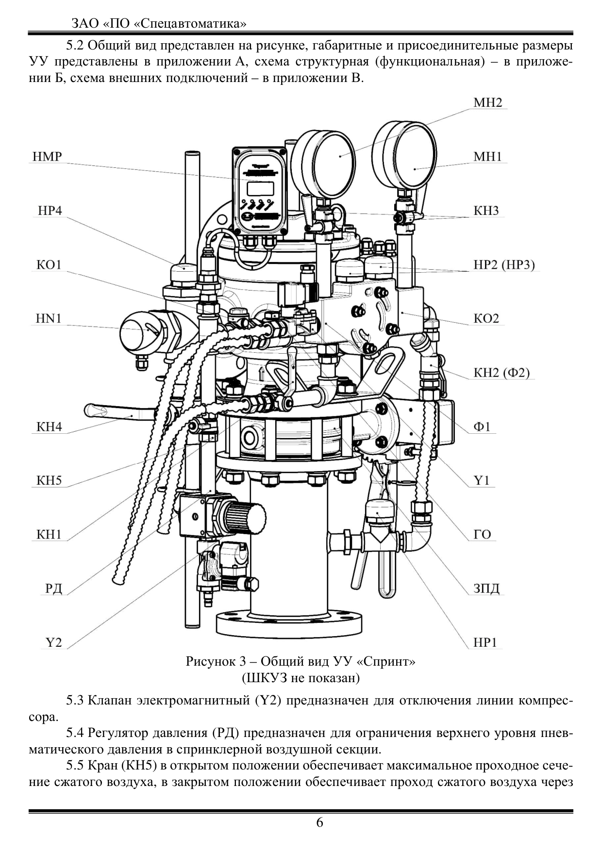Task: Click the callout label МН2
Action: [487, 103]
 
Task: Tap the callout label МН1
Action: [487, 157]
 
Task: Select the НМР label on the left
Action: [47, 157]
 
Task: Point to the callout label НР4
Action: [50, 211]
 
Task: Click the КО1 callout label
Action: [49, 264]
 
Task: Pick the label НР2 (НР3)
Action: [504, 265]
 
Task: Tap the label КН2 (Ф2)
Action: [502, 373]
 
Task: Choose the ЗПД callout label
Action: [486, 589]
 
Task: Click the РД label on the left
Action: [54, 589]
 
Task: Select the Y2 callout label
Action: [54, 642]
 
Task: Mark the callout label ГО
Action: [482, 535]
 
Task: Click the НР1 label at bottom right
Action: [485, 642]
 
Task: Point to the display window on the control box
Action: [260, 188]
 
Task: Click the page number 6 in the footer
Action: [319, 822]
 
